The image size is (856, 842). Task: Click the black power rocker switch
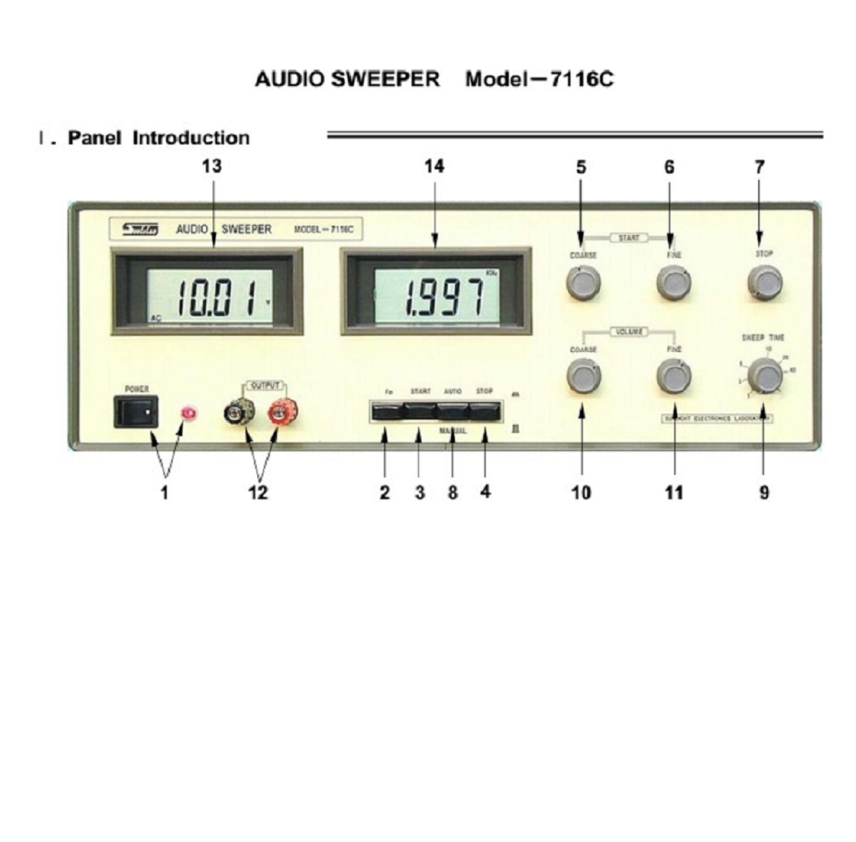[x=136, y=412]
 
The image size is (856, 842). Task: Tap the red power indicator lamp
[x=189, y=414]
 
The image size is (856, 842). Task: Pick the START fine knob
[x=674, y=283]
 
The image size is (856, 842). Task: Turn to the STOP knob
[x=764, y=284]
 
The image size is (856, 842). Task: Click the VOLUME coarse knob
[x=582, y=377]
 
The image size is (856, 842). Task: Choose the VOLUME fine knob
[x=674, y=377]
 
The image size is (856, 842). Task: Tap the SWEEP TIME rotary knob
[x=764, y=376]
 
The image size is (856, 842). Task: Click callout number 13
[x=211, y=167]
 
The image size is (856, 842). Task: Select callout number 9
[x=764, y=492]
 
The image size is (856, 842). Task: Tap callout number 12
[x=258, y=492]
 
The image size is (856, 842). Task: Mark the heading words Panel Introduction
[x=158, y=138]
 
